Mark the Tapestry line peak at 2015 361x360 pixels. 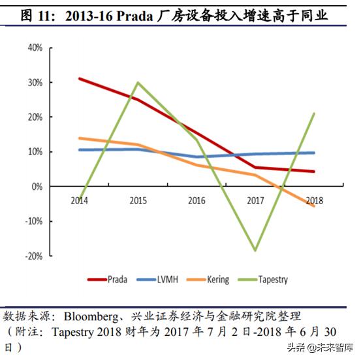click(x=138, y=83)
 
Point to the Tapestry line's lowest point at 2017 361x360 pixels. click(x=255, y=250)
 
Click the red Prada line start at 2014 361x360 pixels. click(x=79, y=79)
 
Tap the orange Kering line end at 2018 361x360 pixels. click(x=315, y=205)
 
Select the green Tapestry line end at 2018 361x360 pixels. click(x=315, y=113)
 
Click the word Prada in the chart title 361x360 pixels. click(x=135, y=13)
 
